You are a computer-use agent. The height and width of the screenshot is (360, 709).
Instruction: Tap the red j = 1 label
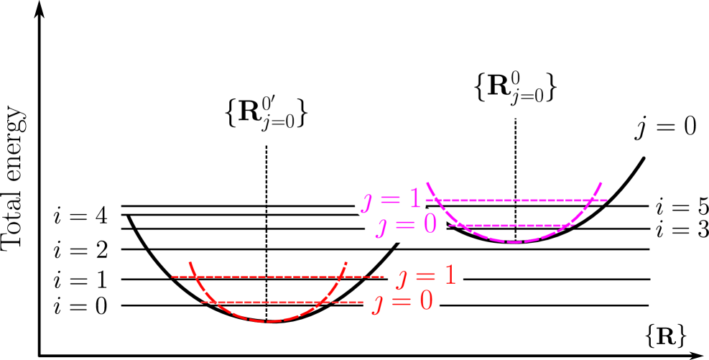pyautogui.click(x=425, y=277)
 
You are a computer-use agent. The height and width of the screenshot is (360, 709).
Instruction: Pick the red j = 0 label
pyautogui.click(x=401, y=302)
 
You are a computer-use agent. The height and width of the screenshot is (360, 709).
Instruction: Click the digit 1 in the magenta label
pyautogui.click(x=412, y=198)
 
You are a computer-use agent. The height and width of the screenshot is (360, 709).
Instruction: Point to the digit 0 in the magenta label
pyautogui.click(x=429, y=225)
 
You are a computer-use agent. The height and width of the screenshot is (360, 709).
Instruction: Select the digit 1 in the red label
pyautogui.click(x=448, y=276)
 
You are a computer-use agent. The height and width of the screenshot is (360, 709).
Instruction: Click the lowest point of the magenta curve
pyautogui.click(x=515, y=242)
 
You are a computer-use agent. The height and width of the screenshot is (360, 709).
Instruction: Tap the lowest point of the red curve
pyautogui.click(x=268, y=321)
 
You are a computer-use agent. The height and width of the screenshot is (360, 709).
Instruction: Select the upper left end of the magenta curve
pyautogui.click(x=427, y=183)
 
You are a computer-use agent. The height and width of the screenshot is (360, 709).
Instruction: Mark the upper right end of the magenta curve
pyautogui.click(x=601, y=183)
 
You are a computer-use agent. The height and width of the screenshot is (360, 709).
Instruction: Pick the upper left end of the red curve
pyautogui.click(x=190, y=262)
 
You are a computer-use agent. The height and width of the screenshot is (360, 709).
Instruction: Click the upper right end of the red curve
pyautogui.click(x=347, y=262)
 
